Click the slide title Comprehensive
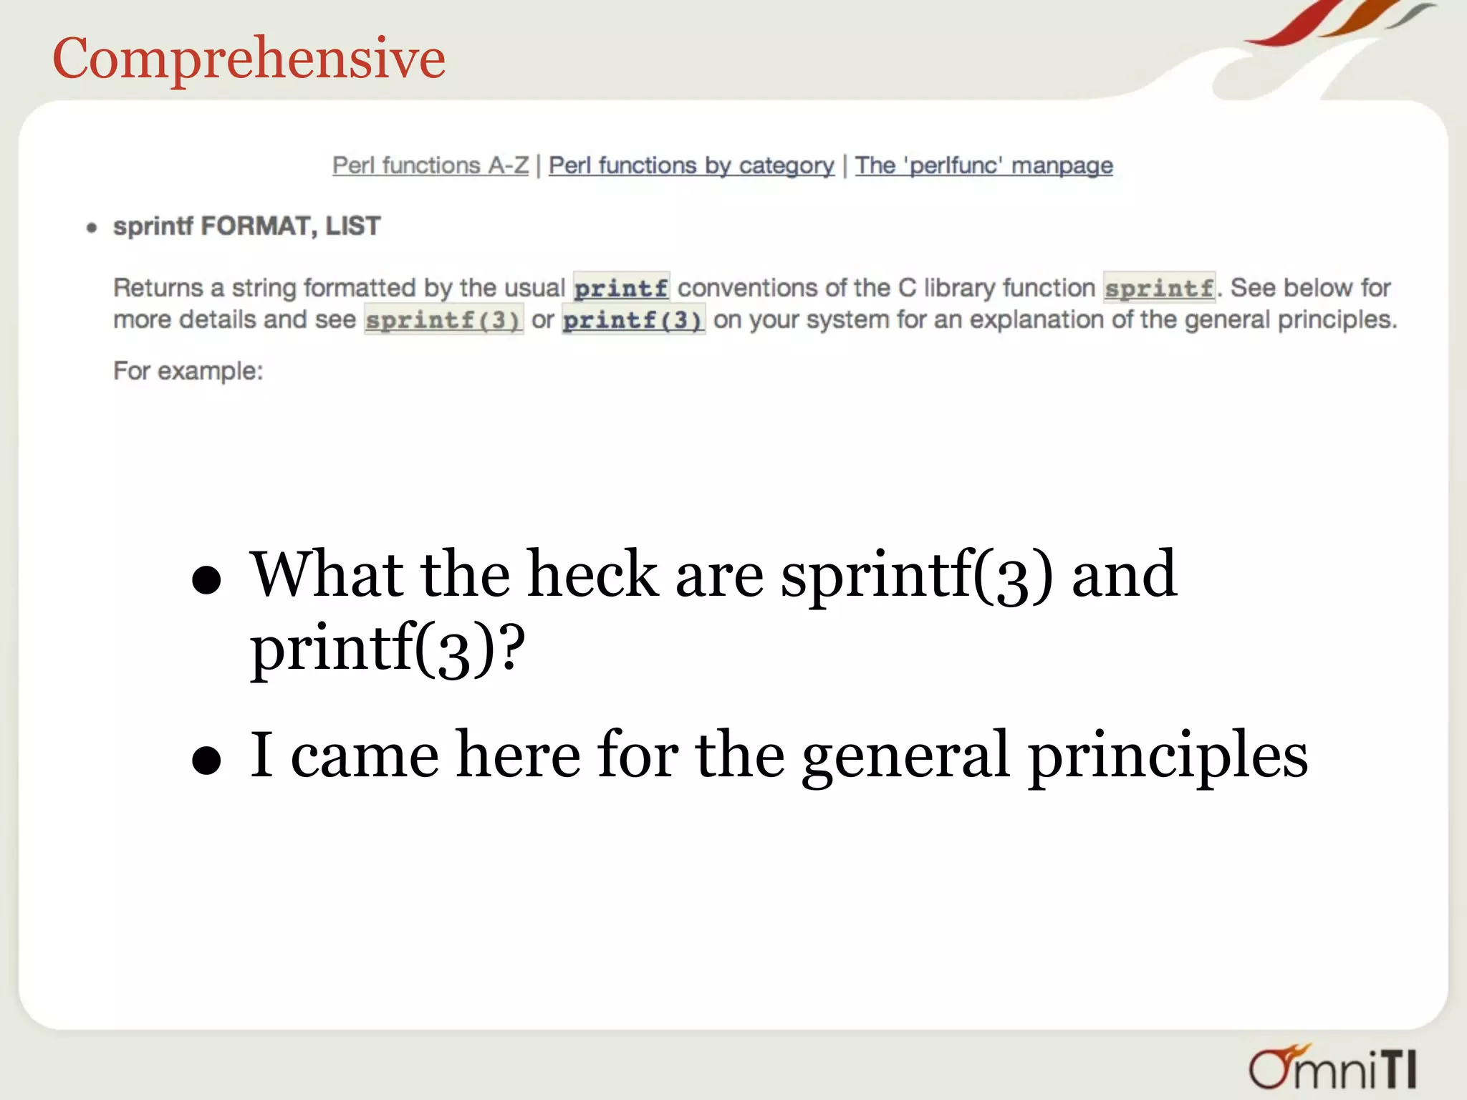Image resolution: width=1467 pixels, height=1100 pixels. point(249,59)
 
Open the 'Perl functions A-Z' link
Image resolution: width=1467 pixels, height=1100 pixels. point(430,165)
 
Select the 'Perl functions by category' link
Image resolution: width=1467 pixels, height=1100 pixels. point(691,165)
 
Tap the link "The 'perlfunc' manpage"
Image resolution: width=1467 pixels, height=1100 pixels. point(983,165)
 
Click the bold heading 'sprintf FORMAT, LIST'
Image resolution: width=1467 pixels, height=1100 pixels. point(246,226)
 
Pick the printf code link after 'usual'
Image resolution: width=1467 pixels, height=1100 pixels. point(621,289)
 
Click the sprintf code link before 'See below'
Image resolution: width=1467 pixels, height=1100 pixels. point(1158,289)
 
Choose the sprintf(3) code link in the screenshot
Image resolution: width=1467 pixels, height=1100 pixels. point(443,320)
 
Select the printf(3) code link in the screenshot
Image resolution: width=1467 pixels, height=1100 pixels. point(633,320)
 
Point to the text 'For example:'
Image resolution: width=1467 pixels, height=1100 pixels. point(188,371)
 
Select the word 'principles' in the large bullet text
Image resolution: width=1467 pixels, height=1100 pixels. point(1168,756)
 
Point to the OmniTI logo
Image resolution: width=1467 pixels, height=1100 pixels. point(1332,1067)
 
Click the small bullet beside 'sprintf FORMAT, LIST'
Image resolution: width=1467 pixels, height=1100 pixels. point(92,228)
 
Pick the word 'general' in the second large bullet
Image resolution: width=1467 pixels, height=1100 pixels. point(905,756)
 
